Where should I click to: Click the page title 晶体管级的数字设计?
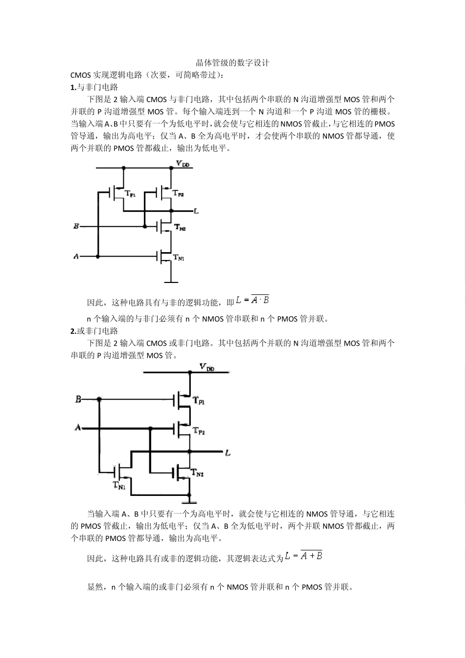coord(232,63)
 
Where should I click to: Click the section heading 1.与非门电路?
coord(94,87)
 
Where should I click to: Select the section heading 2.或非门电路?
coord(94,331)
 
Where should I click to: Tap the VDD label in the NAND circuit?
coord(183,164)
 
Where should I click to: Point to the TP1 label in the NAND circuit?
coord(131,194)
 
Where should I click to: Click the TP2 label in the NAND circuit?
coord(178,194)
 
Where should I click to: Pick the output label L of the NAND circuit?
coord(196,211)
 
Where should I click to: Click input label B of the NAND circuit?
coord(76,226)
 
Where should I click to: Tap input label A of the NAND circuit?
coord(76,256)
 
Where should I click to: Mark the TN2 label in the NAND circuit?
coord(180,228)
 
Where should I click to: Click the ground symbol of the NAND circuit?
coord(171,282)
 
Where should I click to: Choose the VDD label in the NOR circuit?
coord(207,367)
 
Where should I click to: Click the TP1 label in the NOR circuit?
coord(199,400)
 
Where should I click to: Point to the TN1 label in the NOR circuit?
coord(119,486)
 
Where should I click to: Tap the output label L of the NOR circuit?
coord(228,453)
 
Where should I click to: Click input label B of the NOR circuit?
coord(78,399)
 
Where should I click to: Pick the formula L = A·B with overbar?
coord(253,300)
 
